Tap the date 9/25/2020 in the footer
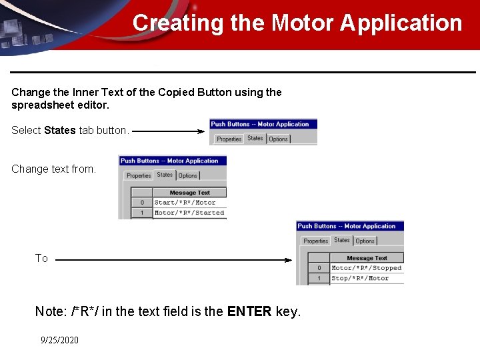59,340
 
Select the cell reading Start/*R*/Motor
185,203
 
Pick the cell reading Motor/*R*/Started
189,213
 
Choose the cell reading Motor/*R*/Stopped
367,268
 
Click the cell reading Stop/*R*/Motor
360,278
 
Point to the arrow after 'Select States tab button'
169,131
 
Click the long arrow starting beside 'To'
173,260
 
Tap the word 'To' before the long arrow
41,259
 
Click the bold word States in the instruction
60,130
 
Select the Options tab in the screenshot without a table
278,139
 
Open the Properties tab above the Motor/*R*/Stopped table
315,241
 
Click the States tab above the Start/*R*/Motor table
165,175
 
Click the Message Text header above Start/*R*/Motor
189,193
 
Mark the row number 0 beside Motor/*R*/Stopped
319,268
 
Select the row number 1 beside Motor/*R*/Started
141,213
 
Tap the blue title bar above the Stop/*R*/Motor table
350,226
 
